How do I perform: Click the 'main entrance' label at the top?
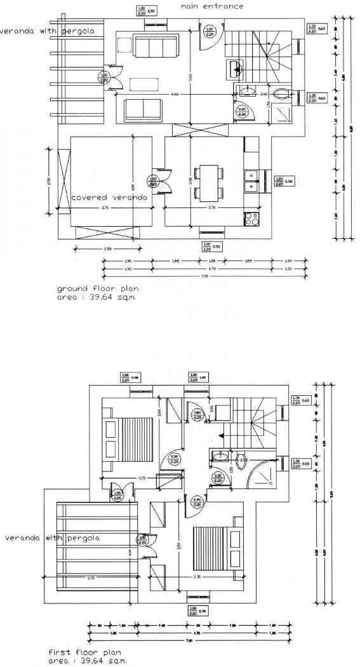coord(211,6)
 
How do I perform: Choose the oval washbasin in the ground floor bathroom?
coord(246,91)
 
